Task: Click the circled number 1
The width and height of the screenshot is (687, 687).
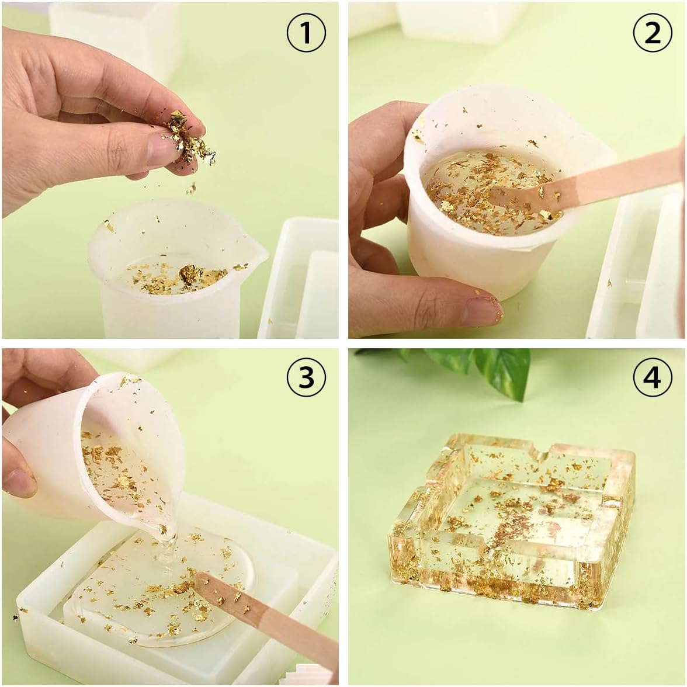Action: [x=306, y=33]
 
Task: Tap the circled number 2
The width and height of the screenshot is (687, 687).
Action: [x=653, y=33]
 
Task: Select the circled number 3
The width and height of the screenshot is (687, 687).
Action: [x=306, y=377]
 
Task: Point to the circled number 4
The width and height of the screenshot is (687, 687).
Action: [x=653, y=377]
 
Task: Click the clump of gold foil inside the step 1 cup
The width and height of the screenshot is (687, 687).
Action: [x=190, y=275]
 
